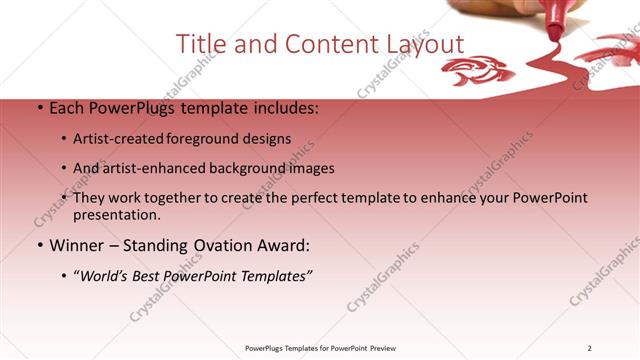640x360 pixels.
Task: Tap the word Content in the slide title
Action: coord(319,44)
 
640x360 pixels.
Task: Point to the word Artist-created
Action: coord(126,139)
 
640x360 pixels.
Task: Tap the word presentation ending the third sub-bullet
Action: coord(113,214)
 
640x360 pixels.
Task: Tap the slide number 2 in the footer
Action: coord(590,348)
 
